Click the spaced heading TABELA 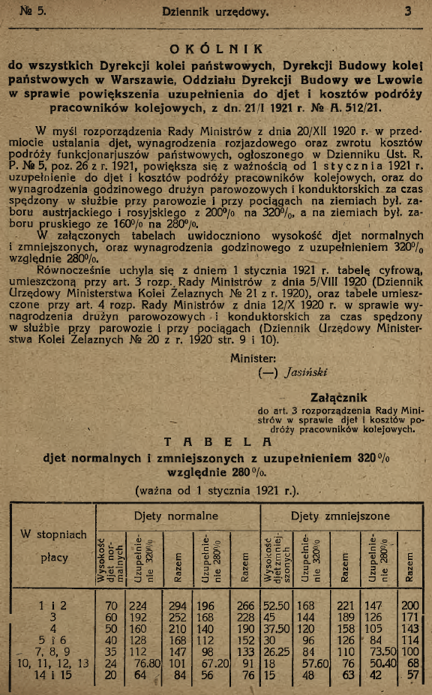[x=215, y=443]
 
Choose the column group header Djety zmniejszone [x=340, y=516]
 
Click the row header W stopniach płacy [x=54, y=546]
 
